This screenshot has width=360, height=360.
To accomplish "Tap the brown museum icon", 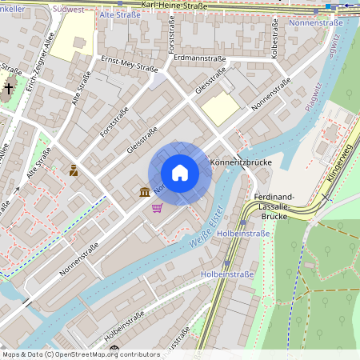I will click(x=144, y=192).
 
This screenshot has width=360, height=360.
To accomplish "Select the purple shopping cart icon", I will click(x=157, y=208).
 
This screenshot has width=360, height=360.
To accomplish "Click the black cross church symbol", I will click(x=10, y=87).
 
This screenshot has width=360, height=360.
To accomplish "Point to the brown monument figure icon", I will click(x=74, y=170).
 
